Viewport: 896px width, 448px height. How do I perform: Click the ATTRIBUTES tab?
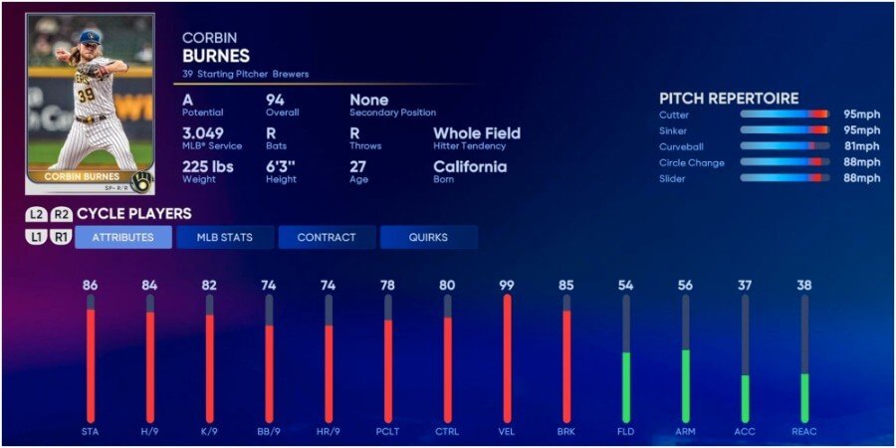(123, 238)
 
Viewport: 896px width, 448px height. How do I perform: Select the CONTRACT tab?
(327, 238)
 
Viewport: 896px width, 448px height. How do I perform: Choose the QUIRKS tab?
(428, 238)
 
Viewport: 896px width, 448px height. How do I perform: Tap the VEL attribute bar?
(507, 358)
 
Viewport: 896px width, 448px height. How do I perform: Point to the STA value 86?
(90, 286)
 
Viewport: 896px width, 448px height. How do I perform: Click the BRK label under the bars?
(565, 431)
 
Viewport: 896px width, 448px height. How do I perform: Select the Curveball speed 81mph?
(862, 146)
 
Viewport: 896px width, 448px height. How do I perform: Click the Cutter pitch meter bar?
(784, 114)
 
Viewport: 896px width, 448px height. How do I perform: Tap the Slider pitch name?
(672, 178)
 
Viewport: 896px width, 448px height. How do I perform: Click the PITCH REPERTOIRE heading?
(729, 99)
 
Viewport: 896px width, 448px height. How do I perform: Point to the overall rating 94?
(276, 101)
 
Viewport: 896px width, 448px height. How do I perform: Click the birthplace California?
(470, 166)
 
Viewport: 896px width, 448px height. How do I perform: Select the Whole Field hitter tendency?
(476, 133)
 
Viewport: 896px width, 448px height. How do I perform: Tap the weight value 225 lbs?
(207, 166)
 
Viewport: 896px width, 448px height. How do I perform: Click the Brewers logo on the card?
(141, 181)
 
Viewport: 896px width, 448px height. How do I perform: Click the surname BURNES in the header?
(216, 57)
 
